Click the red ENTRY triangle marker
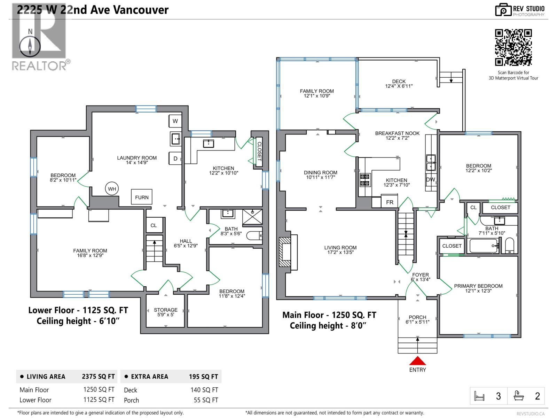[x=417, y=361]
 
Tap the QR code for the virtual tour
[x=513, y=47]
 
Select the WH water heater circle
[x=112, y=189]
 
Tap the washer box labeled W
[x=175, y=121]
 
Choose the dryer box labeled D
[x=175, y=158]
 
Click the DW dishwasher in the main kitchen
[x=430, y=179]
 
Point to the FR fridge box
[x=390, y=202]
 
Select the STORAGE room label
[x=165, y=310]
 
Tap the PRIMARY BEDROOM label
[x=478, y=286]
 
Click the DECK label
[x=399, y=82]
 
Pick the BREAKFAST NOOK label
[x=397, y=133]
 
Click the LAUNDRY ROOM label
[x=137, y=158]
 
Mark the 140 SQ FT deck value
[x=204, y=390]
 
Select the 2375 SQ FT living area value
[x=98, y=377]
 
